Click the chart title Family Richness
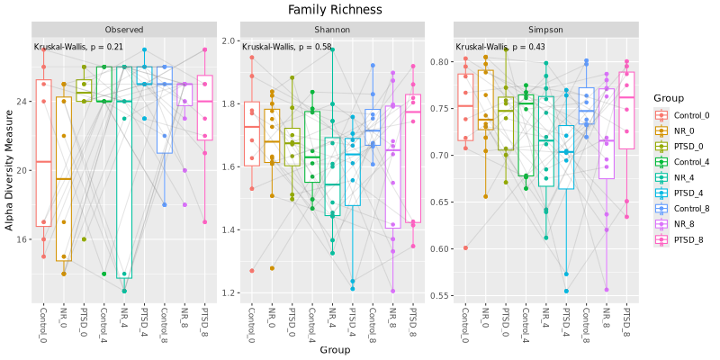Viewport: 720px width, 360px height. [335, 10]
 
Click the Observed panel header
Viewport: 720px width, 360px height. [123, 30]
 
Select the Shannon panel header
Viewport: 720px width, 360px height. [334, 30]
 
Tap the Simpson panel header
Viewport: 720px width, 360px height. [544, 30]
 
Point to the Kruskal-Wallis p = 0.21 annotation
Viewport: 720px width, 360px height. [78, 47]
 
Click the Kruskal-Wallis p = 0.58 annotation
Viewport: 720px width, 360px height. [287, 47]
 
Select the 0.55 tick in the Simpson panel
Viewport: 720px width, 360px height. [440, 295]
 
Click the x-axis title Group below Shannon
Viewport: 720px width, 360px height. [335, 349]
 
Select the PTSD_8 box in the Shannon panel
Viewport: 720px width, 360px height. [413, 157]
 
